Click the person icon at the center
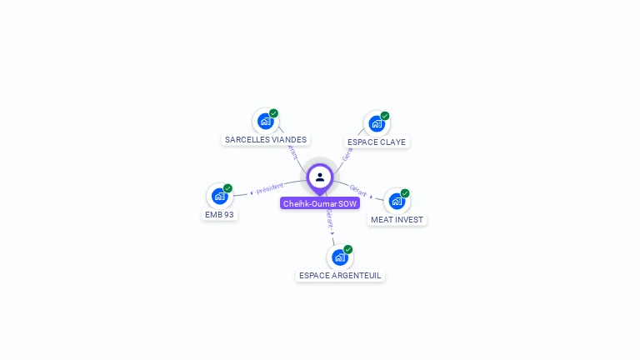pos(320,177)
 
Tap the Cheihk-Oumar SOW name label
pos(320,203)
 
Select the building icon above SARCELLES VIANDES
pos(265,122)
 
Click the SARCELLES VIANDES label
pos(266,140)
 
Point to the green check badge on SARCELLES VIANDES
pos(273,113)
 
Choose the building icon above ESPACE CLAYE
pos(377,124)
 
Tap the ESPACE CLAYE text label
pos(377,142)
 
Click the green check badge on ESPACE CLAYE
pos(385,116)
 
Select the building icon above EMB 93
pos(219,196)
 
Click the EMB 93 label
pos(219,214)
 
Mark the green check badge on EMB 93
pos(227,188)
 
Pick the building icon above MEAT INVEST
pos(397,201)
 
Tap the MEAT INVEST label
pos(397,219)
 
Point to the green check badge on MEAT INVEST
pos(405,193)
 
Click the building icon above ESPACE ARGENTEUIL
pos(339,257)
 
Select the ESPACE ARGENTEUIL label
pos(340,275)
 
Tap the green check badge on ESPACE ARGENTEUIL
pos(348,249)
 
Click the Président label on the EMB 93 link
pos(270,188)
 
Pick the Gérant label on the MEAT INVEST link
pos(358,191)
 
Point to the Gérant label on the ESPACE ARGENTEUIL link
pos(329,218)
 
